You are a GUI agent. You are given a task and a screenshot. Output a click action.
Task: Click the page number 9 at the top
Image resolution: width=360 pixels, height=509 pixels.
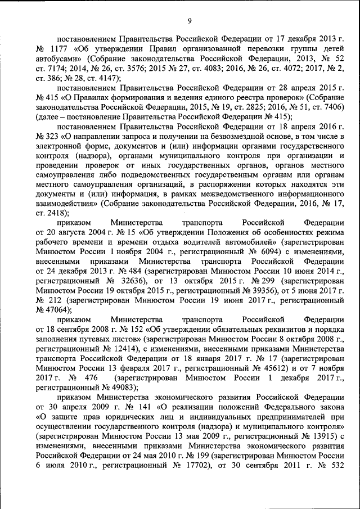click(x=190, y=21)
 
